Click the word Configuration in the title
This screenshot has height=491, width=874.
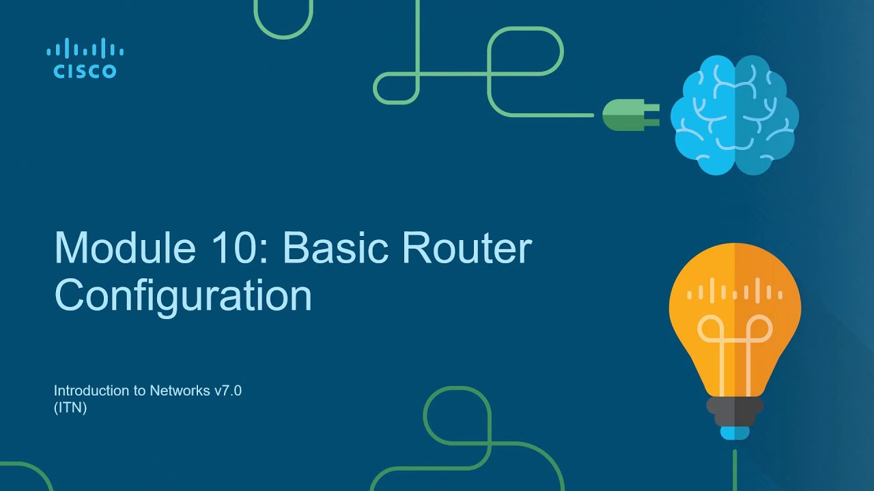point(183,297)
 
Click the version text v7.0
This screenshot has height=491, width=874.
point(228,391)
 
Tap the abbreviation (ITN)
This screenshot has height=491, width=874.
point(70,408)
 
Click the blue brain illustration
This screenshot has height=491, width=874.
point(734,114)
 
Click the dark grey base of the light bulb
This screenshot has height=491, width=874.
point(735,409)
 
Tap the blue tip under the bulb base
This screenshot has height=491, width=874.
point(735,432)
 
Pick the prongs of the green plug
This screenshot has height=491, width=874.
point(651,115)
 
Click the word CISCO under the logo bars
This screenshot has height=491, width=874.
point(85,72)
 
